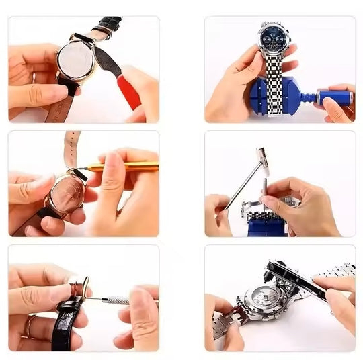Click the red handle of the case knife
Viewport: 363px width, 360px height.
click(129, 91)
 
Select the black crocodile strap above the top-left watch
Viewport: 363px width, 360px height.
click(108, 26)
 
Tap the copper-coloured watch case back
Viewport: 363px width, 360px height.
click(68, 192)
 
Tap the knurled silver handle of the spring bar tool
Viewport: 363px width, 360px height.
click(116, 300)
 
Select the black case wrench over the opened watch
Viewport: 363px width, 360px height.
click(296, 279)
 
